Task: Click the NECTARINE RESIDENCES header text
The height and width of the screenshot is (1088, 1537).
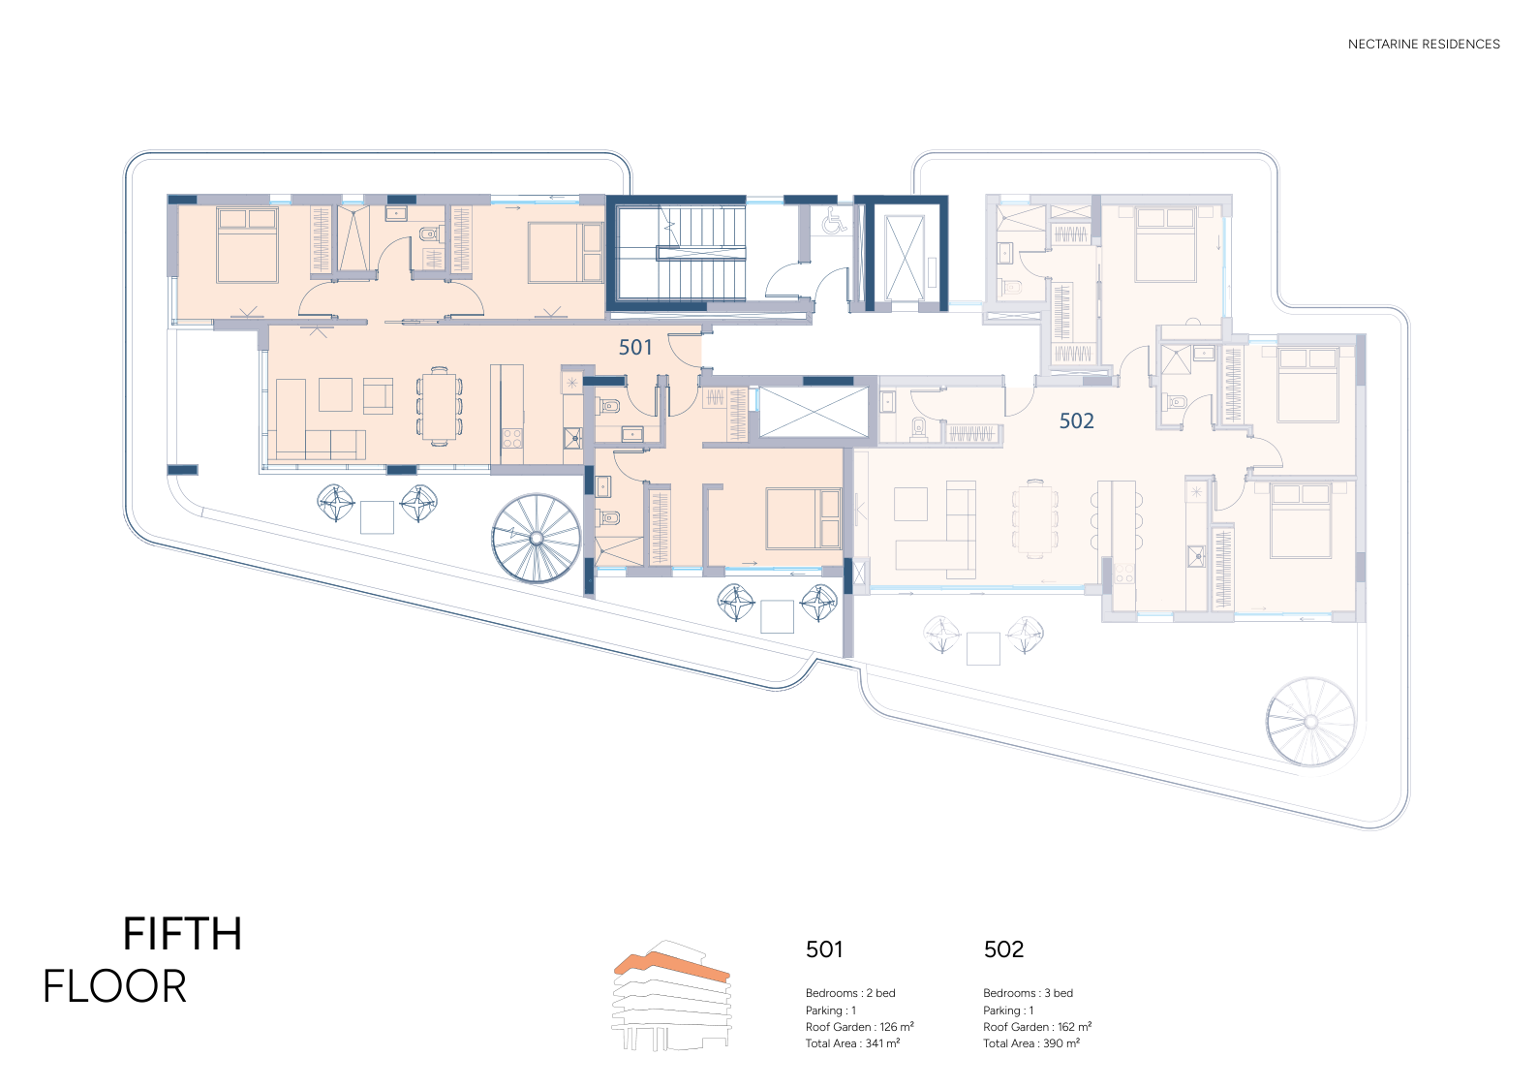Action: [1424, 44]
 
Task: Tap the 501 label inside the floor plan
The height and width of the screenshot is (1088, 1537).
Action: [635, 348]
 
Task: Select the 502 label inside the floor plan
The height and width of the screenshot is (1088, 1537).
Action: [1077, 420]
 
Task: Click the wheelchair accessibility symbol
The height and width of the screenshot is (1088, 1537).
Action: [835, 220]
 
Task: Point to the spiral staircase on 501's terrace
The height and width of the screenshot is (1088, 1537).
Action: [537, 538]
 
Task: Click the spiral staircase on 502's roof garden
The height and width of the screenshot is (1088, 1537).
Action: [1310, 722]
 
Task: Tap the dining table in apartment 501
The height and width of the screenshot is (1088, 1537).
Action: [439, 406]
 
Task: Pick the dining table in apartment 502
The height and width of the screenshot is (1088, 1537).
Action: [1034, 519]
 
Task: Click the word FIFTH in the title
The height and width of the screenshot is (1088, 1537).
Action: [182, 934]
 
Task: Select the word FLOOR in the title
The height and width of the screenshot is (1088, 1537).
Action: [114, 986]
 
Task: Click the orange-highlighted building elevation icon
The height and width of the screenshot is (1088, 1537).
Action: [671, 995]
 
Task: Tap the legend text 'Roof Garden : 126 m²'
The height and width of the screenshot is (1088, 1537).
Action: [859, 1027]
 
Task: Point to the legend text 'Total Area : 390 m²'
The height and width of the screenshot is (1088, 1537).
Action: [1031, 1043]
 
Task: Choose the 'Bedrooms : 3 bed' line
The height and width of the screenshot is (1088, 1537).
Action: [1028, 993]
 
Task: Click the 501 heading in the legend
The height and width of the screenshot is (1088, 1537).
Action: [824, 949]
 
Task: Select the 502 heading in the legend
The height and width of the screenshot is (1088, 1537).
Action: [1003, 949]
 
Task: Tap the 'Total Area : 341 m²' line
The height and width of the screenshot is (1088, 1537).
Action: [852, 1043]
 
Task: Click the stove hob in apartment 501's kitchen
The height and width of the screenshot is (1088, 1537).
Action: [512, 438]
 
